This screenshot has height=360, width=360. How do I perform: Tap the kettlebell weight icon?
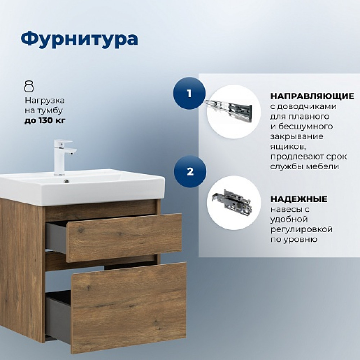(29, 86)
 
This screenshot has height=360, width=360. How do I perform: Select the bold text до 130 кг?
(45, 120)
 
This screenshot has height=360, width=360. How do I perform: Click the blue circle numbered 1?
(189, 93)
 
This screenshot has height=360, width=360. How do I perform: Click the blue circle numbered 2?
(190, 171)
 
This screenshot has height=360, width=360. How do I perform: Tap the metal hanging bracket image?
(231, 202)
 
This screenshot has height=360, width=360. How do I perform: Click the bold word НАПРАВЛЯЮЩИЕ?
(312, 96)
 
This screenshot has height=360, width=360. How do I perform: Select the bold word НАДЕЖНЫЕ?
(299, 199)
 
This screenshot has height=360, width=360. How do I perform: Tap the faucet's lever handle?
(63, 141)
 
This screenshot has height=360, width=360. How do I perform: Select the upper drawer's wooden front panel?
(124, 238)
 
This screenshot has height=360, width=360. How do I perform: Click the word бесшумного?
(306, 127)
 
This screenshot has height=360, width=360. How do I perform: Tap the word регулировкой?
(301, 229)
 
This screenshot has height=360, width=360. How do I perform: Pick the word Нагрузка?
(45, 100)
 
